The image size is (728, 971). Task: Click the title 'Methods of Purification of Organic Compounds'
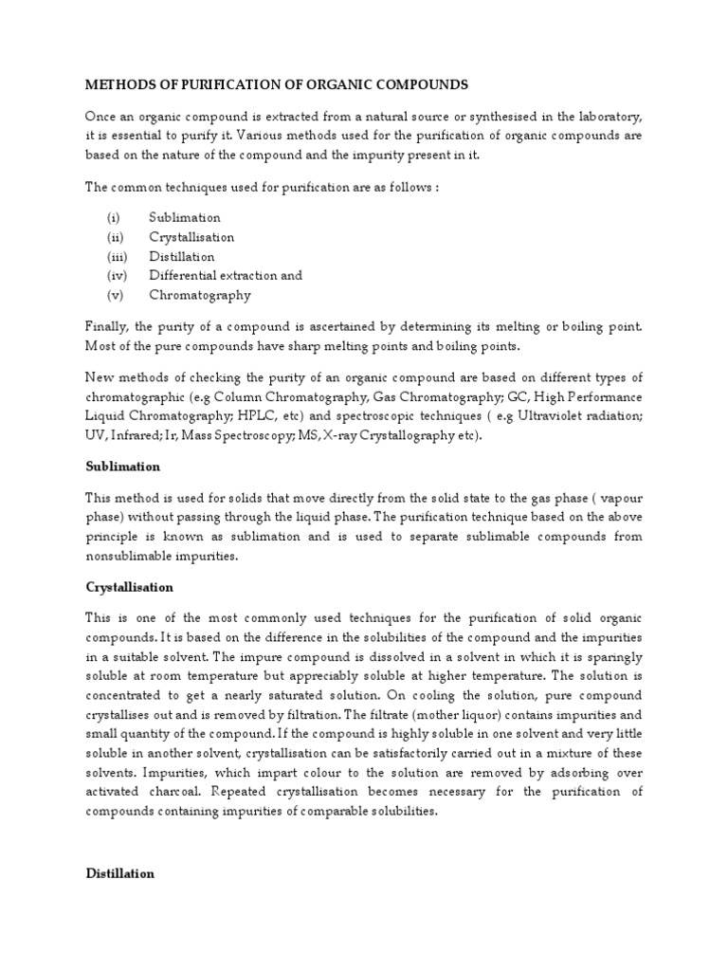[277, 85]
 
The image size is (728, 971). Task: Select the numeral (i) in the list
[111, 218]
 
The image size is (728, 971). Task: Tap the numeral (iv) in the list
[113, 275]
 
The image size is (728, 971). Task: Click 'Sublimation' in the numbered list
[185, 218]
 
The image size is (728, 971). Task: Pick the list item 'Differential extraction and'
[226, 275]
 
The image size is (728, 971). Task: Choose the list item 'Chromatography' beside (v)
[200, 295]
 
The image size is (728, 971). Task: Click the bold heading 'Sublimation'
[122, 467]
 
